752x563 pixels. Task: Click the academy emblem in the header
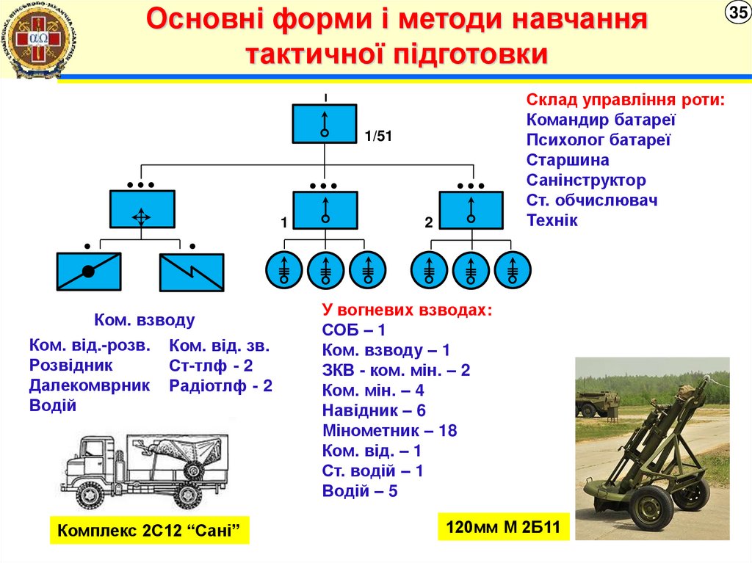click(x=35, y=41)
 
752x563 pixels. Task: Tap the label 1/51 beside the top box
click(x=379, y=137)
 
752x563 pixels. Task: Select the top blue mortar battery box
click(x=325, y=123)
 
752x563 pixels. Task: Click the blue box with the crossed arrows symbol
click(x=142, y=209)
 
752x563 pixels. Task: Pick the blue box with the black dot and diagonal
click(x=89, y=272)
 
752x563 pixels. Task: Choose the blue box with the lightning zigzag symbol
click(x=192, y=272)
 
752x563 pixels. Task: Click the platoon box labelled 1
click(x=325, y=209)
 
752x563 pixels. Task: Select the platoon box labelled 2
click(x=471, y=209)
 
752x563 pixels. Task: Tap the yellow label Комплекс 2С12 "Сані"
click(x=150, y=529)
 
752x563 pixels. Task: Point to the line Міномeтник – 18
click(x=389, y=431)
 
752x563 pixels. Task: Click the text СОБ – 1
click(x=354, y=330)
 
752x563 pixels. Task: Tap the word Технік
click(x=552, y=220)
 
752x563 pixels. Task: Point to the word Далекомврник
click(x=90, y=385)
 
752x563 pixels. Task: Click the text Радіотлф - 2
click(x=220, y=385)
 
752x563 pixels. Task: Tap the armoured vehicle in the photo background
click(x=597, y=403)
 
